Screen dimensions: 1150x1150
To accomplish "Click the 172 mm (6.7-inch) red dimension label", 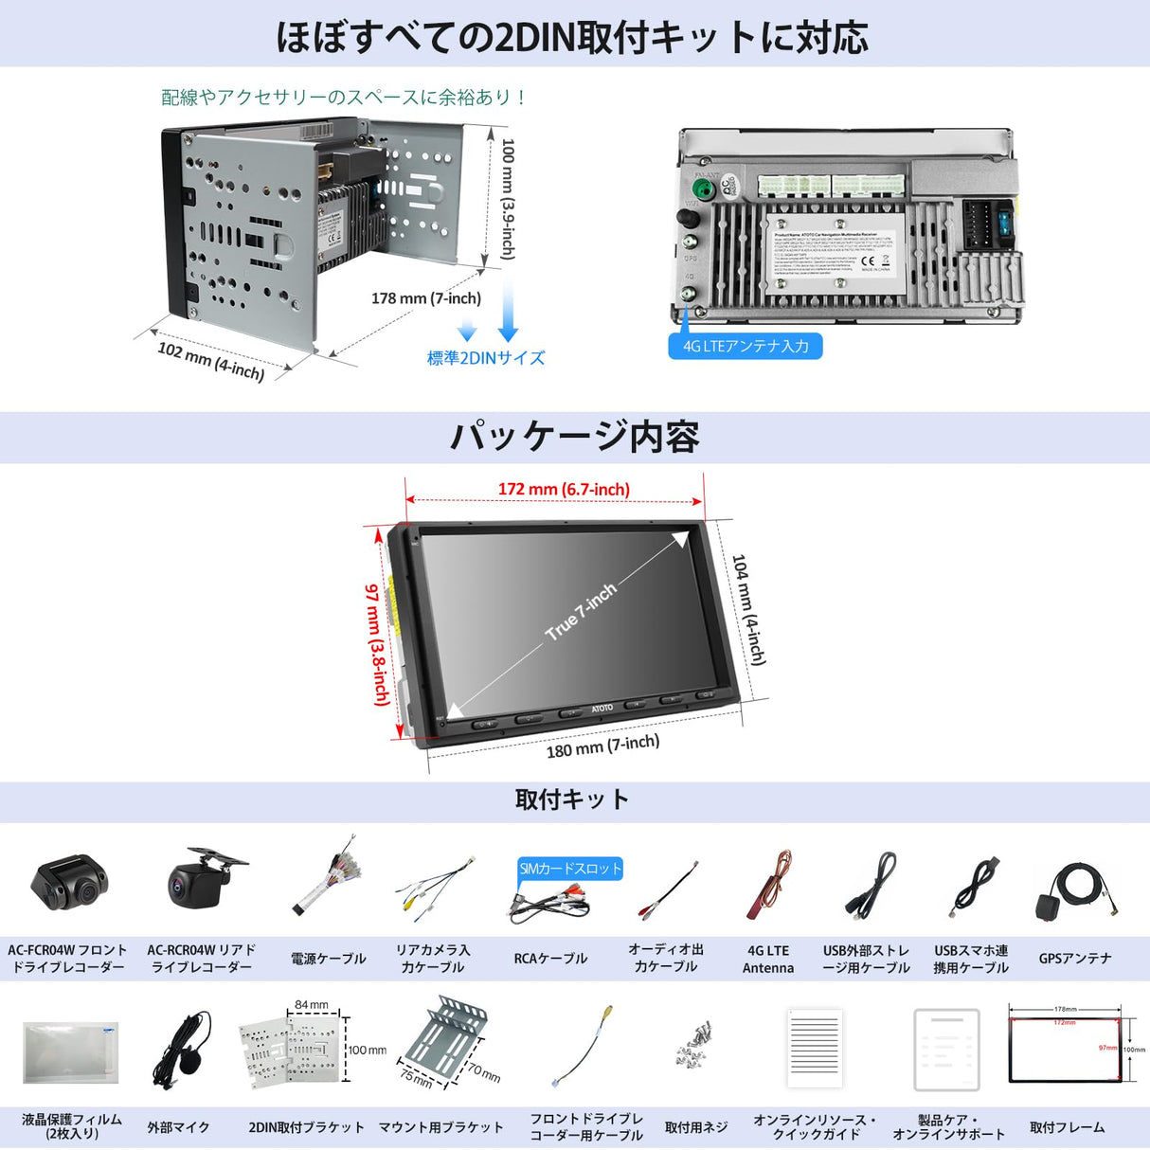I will tap(564, 490).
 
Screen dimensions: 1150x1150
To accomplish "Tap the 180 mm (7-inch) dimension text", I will tap(602, 746).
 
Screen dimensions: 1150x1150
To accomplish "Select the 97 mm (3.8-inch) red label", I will tap(377, 644).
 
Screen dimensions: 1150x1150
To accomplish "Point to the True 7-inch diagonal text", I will tap(581, 611).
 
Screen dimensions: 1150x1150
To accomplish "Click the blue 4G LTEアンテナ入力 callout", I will tap(746, 347).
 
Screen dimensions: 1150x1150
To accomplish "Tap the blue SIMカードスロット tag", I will tap(570, 869).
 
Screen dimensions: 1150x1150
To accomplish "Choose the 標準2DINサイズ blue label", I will tap(486, 358).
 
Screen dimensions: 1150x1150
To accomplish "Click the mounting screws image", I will tap(695, 1044).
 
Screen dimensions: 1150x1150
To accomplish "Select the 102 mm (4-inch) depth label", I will tap(210, 361).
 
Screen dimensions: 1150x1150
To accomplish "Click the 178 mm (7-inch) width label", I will tap(426, 298).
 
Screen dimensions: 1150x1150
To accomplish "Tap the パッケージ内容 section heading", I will tap(574, 437).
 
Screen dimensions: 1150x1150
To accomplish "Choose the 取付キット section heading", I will tap(572, 800).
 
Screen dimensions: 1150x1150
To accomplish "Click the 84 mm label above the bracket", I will tap(312, 1005).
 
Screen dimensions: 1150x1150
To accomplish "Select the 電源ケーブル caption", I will tap(328, 959).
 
